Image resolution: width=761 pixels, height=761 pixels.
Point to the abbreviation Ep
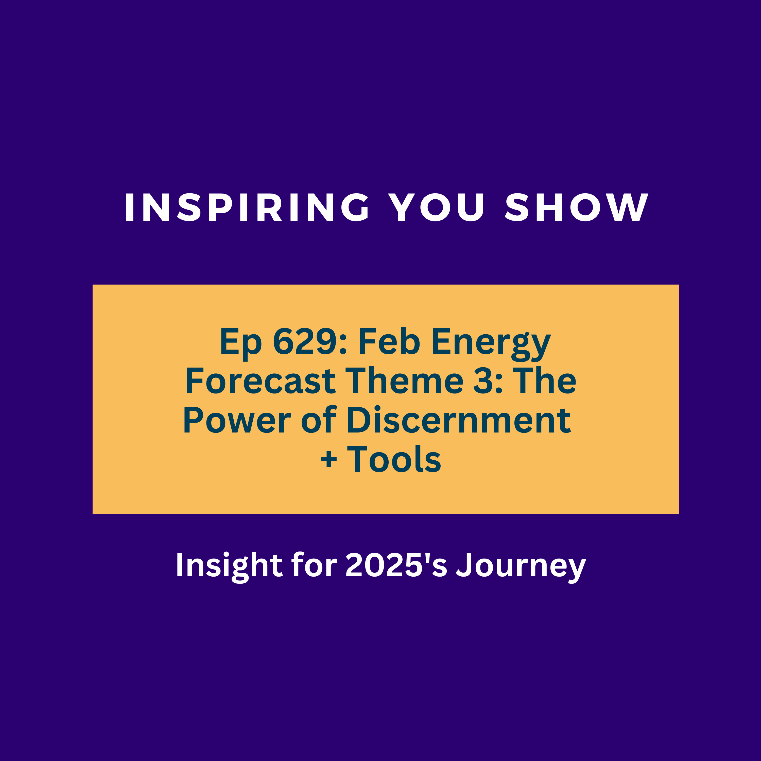point(241,344)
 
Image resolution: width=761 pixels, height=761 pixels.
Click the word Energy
point(491,344)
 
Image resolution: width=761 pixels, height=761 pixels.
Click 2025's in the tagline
point(396,565)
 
